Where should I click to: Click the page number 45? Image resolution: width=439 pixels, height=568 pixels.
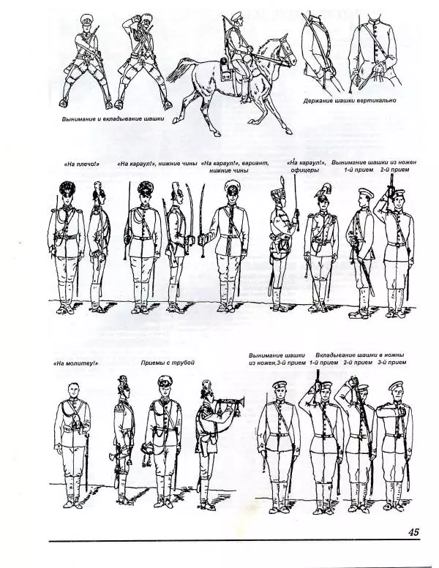[413, 531]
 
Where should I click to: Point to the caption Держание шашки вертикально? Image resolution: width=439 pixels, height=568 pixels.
[349, 100]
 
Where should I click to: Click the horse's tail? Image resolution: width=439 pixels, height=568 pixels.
[178, 70]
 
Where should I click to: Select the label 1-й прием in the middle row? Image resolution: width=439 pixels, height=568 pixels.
[357, 170]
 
